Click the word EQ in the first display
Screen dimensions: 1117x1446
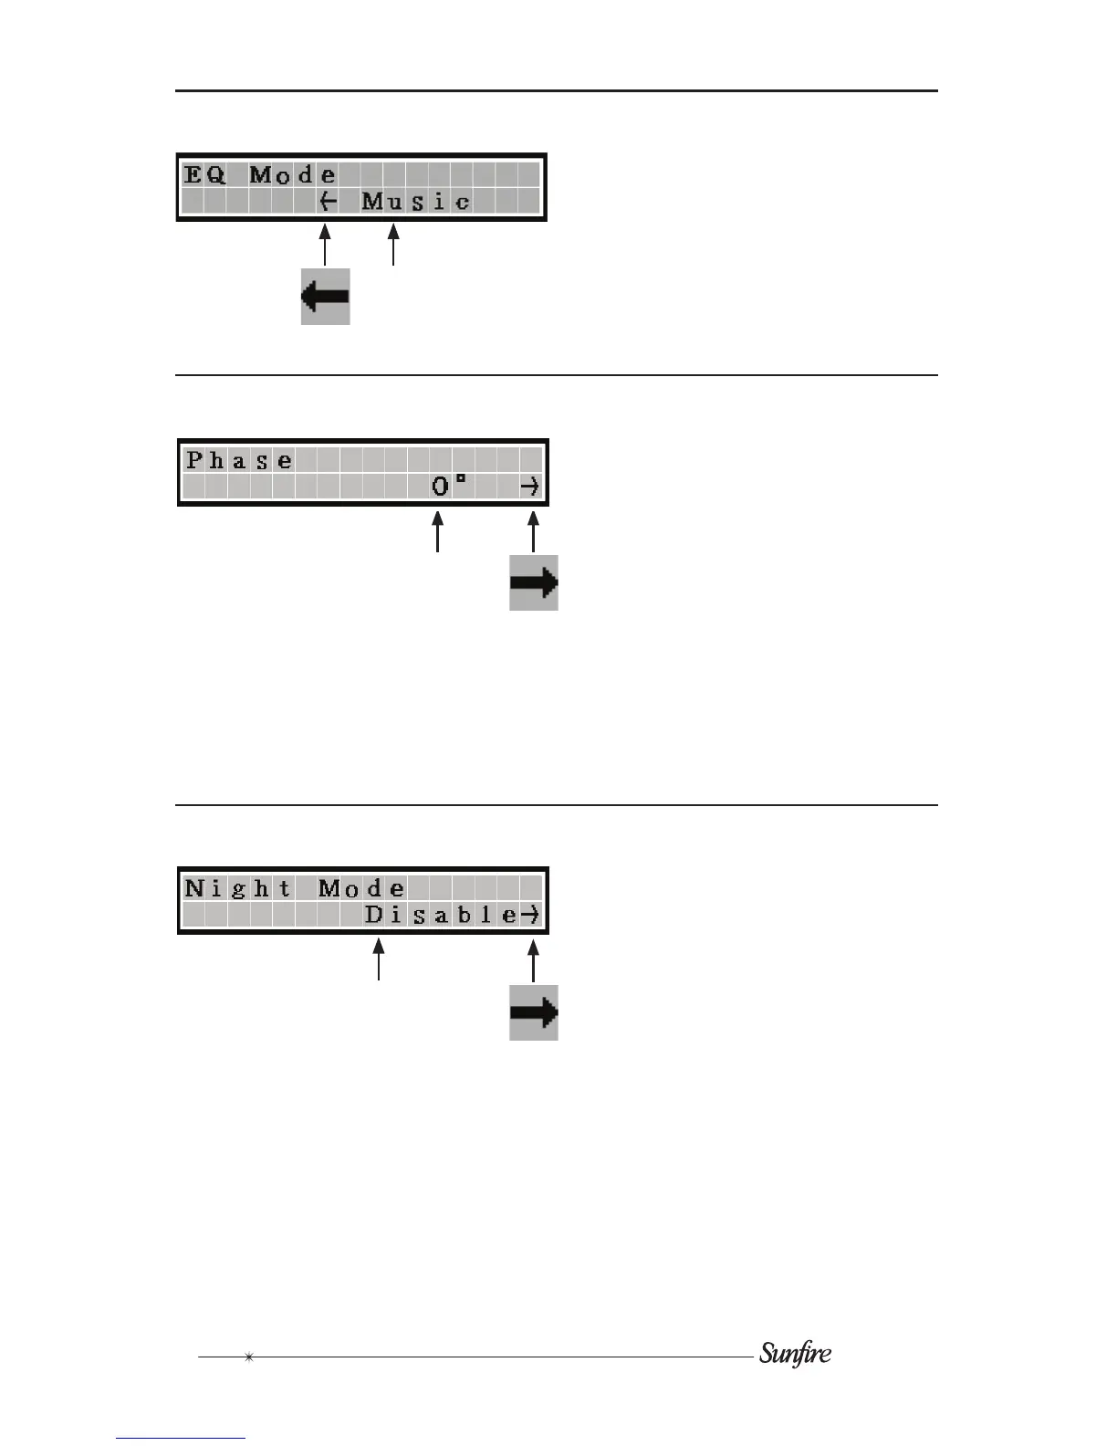point(204,174)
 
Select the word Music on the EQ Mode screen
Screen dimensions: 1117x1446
point(416,201)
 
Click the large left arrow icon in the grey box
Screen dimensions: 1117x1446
point(326,297)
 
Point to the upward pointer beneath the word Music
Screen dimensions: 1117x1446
point(393,246)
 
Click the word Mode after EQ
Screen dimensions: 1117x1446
point(293,174)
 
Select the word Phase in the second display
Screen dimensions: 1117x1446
point(239,460)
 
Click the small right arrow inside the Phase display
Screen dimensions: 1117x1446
point(530,487)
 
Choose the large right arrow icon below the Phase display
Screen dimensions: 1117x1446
point(534,582)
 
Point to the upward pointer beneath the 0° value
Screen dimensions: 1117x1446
point(439,533)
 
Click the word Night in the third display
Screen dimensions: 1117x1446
point(238,888)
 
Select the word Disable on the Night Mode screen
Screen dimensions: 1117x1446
point(441,915)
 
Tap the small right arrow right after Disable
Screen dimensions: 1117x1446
point(531,915)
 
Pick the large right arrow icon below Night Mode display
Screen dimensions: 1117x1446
point(534,1012)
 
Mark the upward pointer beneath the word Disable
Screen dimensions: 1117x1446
point(379,962)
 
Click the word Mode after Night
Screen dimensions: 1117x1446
point(361,888)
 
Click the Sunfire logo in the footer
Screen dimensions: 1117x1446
point(795,1353)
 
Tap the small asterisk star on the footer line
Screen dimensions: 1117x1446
point(248,1357)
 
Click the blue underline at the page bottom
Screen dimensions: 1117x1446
point(181,1438)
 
